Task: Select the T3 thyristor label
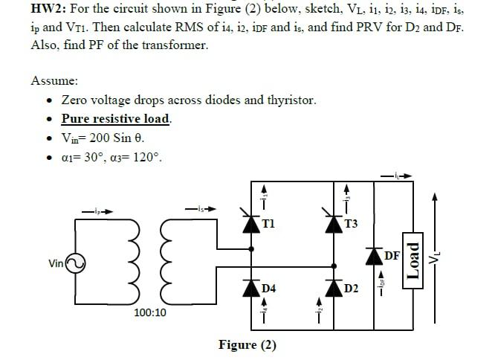click(x=352, y=223)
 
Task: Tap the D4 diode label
click(x=270, y=287)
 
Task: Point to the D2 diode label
click(x=353, y=287)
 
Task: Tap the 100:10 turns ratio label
click(x=151, y=313)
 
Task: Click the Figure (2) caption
click(x=247, y=344)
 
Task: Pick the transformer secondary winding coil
click(x=169, y=263)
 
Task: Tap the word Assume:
click(x=54, y=80)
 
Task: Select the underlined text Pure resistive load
click(x=117, y=119)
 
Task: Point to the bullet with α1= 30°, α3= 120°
click(x=111, y=158)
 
